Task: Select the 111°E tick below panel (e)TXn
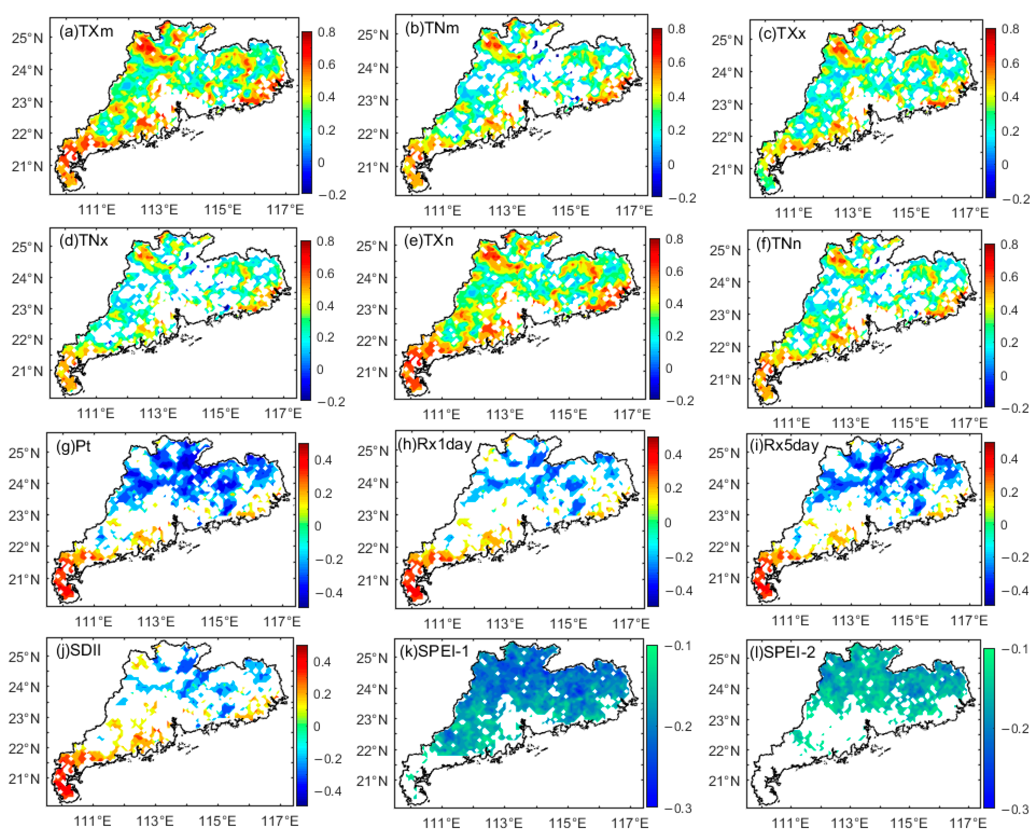click(x=441, y=414)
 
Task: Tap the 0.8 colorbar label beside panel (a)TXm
click(x=326, y=32)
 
